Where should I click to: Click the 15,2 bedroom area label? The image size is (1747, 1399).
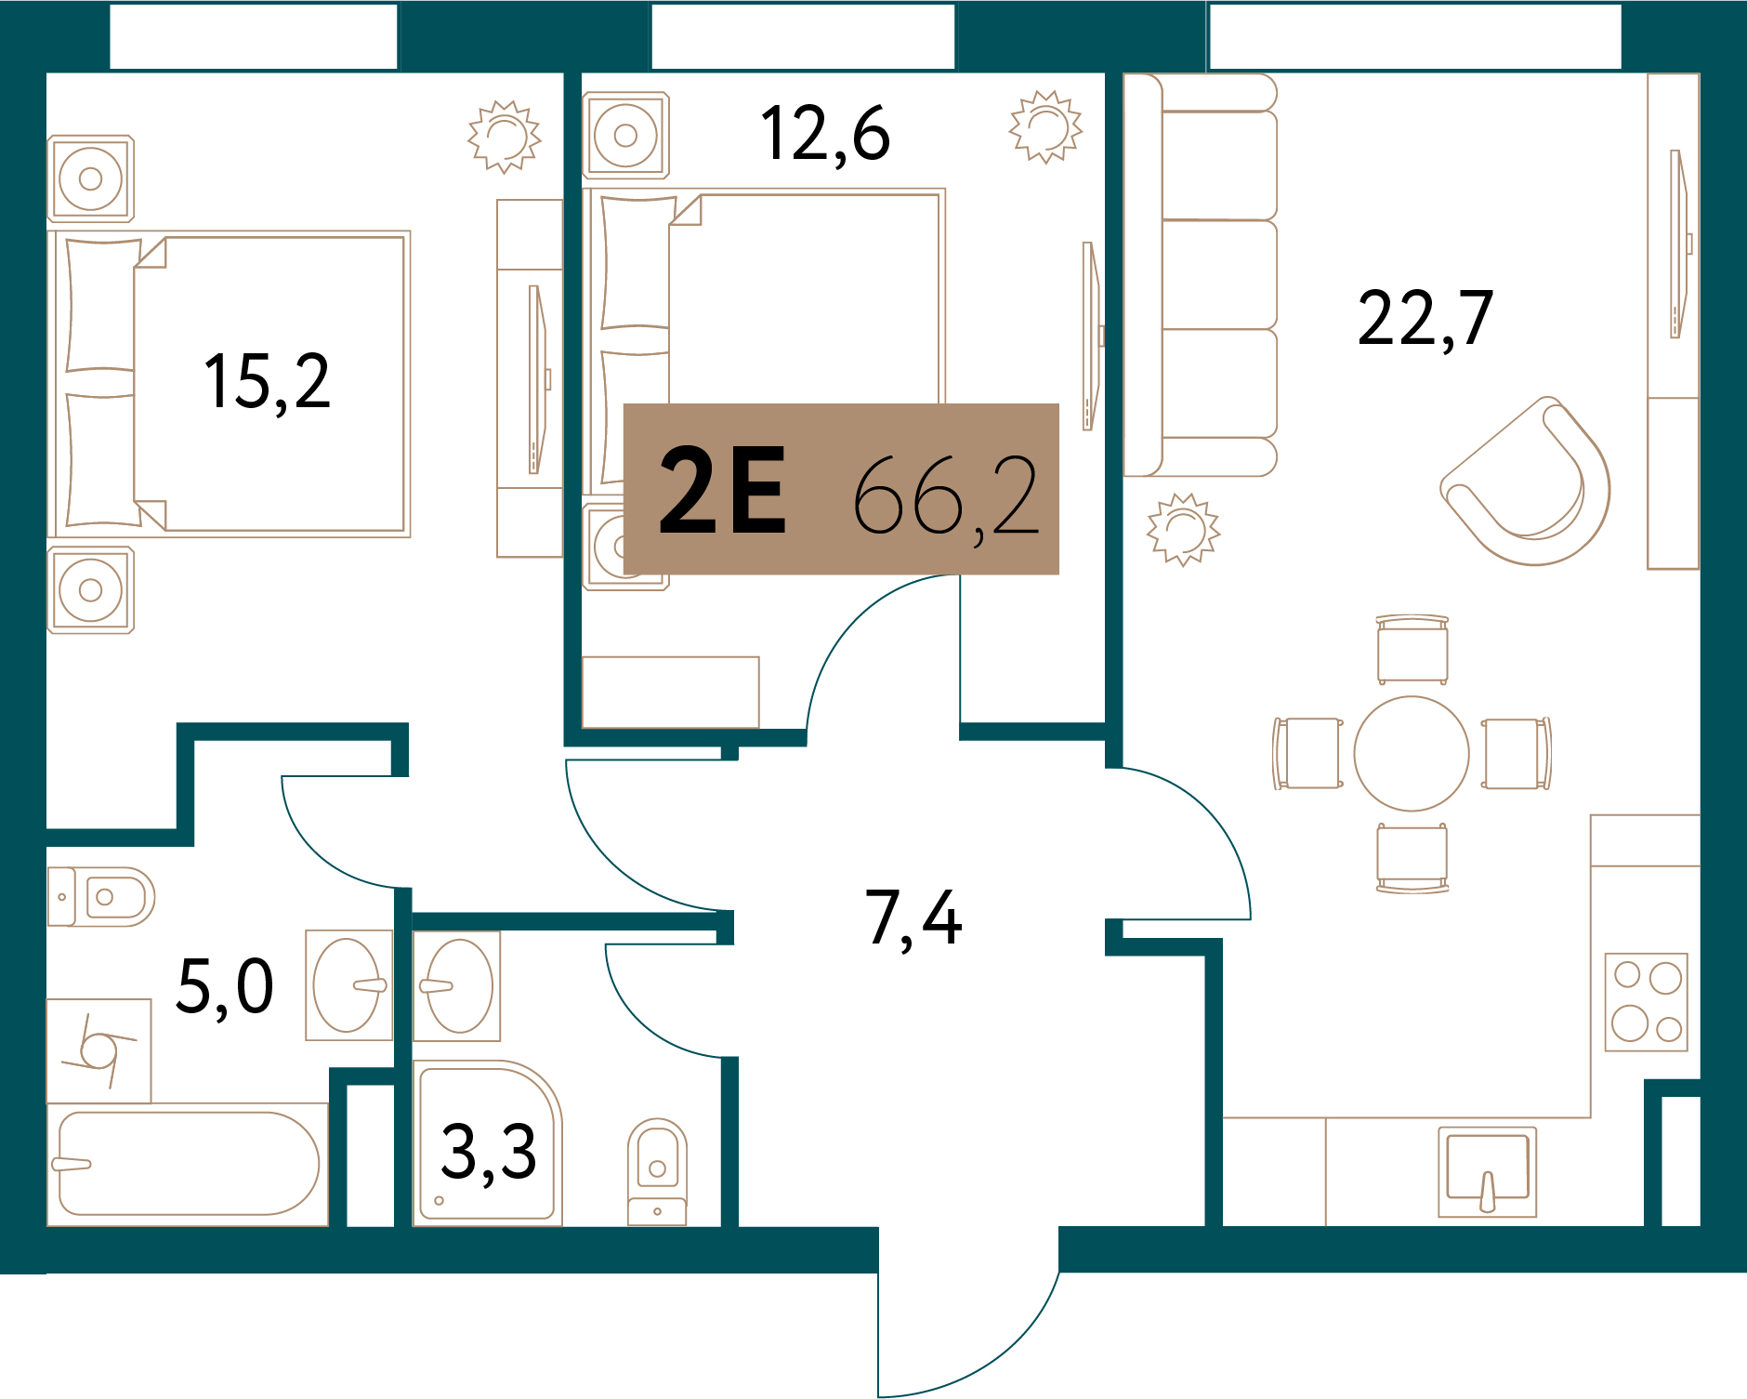click(x=267, y=382)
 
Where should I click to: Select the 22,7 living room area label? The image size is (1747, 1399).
click(x=1425, y=319)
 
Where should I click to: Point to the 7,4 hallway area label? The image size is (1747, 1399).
click(x=913, y=918)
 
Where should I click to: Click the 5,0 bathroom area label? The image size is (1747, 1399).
click(x=225, y=987)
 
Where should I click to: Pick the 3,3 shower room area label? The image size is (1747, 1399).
click(x=489, y=1153)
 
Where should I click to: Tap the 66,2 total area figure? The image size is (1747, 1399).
click(x=945, y=496)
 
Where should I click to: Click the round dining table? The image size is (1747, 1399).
click(x=1412, y=754)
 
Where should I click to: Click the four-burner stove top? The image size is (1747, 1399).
click(x=1647, y=1002)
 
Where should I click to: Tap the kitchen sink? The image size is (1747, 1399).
click(x=1487, y=1171)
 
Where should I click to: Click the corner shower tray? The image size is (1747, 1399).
click(x=487, y=1142)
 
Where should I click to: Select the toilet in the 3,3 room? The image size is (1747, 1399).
click(x=657, y=1171)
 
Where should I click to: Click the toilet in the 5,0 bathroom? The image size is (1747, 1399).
click(x=101, y=897)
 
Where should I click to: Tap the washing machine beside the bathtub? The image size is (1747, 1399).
click(x=99, y=1051)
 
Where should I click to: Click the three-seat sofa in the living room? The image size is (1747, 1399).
click(x=1200, y=275)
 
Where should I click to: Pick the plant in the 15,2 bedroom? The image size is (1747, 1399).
click(x=505, y=137)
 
